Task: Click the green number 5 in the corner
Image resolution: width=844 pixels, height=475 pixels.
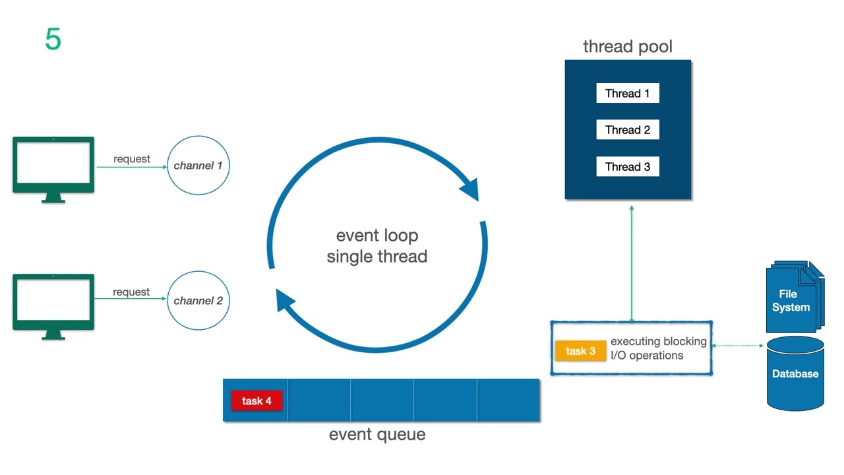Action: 53,40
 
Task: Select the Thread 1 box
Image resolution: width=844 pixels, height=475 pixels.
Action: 627,93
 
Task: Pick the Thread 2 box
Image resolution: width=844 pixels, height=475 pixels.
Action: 627,130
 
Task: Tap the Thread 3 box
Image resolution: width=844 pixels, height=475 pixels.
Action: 627,167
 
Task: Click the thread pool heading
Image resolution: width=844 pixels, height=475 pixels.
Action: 627,47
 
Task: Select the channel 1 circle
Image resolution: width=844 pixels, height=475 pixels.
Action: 198,166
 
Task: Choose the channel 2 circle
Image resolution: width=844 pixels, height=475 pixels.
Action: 198,301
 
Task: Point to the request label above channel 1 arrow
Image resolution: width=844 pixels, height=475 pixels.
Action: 131,159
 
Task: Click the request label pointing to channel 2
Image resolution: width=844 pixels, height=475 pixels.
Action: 131,292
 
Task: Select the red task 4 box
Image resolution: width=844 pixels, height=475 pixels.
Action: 256,400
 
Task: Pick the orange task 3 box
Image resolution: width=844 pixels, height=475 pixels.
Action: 580,351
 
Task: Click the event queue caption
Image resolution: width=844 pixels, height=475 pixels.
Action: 377,435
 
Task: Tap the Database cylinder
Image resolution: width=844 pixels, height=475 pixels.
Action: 795,374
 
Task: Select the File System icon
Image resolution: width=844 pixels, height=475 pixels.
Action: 793,298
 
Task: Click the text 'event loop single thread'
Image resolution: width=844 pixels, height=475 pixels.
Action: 377,245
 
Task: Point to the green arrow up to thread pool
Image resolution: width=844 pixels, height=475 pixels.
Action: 632,264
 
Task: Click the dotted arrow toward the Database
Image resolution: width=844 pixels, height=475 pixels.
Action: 738,345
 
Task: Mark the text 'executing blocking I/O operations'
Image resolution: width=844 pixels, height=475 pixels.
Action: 658,348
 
